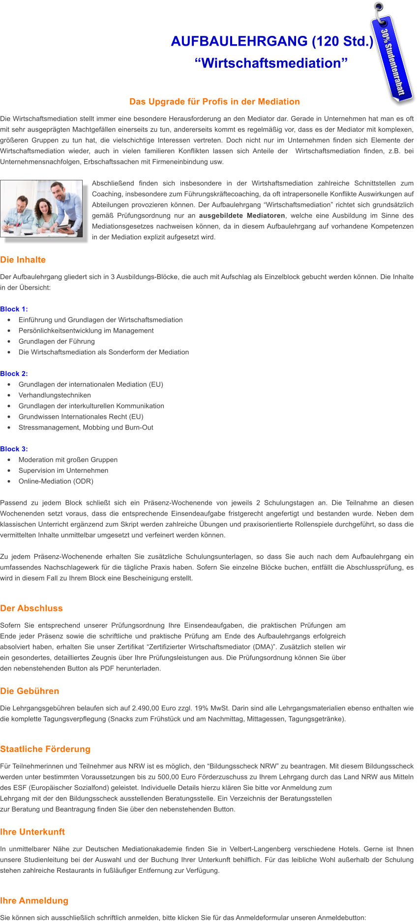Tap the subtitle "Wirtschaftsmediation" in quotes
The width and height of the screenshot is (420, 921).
pos(271,63)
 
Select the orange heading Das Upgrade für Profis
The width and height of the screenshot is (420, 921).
pos(214,102)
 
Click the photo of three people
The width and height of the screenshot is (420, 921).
pos(42,209)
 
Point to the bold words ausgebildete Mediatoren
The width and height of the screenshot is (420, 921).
pos(242,216)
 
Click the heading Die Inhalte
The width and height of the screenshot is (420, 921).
pos(23,260)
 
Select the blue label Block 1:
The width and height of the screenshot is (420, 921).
pos(14,309)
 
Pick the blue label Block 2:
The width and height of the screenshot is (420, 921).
pos(14,374)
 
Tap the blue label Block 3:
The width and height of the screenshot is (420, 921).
pos(14,449)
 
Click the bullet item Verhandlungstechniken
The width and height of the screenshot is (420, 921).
pos(55,395)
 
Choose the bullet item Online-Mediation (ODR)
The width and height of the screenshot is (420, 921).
pos(56,481)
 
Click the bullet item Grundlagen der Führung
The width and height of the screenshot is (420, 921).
pos(57,342)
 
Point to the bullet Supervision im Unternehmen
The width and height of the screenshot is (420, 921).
pos(63,470)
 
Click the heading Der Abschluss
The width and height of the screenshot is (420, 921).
pos(31,608)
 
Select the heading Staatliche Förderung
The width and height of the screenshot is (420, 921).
pos(45,749)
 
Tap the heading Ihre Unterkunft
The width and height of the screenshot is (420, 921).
pos(32,832)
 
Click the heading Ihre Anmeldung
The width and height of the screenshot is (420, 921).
pos(34,900)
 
